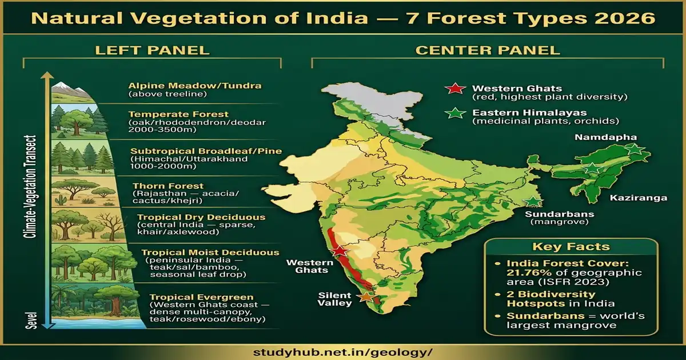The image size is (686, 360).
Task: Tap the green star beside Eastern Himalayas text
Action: [456, 114]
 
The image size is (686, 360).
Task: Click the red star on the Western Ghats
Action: [340, 250]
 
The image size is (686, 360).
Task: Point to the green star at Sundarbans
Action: [533, 201]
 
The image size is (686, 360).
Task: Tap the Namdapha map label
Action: [597, 138]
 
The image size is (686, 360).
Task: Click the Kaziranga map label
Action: [638, 198]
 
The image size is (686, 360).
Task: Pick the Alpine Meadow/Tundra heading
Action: [195, 86]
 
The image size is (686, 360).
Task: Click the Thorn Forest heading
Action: [168, 186]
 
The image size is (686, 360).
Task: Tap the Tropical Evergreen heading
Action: [201, 297]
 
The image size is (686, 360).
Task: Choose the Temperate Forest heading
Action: [178, 114]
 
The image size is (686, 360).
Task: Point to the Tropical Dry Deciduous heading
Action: [201, 217]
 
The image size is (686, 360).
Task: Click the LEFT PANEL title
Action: [152, 50]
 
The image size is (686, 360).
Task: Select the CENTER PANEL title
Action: [488, 50]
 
